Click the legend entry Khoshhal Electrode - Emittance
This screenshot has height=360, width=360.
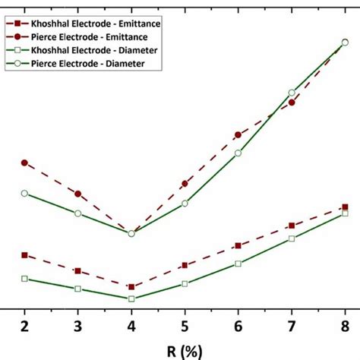pyautogui.click(x=95, y=24)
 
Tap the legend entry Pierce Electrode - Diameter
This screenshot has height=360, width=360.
pyautogui.click(x=89, y=63)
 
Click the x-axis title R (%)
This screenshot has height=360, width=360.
pyautogui.click(x=185, y=351)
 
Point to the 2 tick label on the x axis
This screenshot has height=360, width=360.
pyautogui.click(x=25, y=325)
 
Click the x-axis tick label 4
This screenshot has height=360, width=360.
pyautogui.click(x=131, y=325)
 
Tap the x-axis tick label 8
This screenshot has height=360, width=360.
pyautogui.click(x=345, y=325)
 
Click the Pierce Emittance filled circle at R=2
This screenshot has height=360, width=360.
pyautogui.click(x=25, y=163)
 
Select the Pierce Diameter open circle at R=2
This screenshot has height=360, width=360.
pyautogui.click(x=25, y=193)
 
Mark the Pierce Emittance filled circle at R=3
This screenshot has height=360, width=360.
pyautogui.click(x=78, y=194)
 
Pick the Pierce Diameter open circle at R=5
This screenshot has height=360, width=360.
pyautogui.click(x=185, y=204)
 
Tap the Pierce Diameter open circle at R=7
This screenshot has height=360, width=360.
pyautogui.click(x=292, y=93)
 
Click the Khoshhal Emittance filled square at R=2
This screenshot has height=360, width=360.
pyautogui.click(x=25, y=255)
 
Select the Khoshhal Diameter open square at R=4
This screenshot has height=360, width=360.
pyautogui.click(x=131, y=298)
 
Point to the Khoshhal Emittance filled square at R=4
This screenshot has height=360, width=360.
pyautogui.click(x=131, y=287)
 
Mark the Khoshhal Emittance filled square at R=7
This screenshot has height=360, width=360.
pyautogui.click(x=292, y=226)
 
